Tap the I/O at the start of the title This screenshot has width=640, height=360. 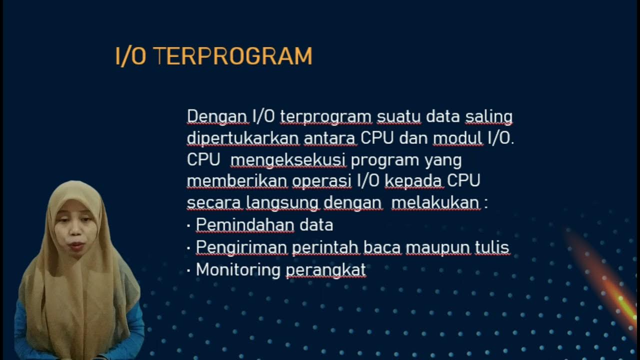pyautogui.click(x=130, y=56)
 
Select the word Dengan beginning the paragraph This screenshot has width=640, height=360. pyautogui.click(x=217, y=116)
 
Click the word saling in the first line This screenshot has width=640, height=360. pyautogui.click(x=488, y=116)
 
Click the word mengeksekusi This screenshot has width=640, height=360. pyautogui.click(x=288, y=160)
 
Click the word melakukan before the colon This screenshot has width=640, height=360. pyautogui.click(x=435, y=203)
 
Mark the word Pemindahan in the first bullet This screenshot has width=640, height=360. pyautogui.click(x=245, y=225)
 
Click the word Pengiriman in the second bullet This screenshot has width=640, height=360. pyautogui.click(x=241, y=247)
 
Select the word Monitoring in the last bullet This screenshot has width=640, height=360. pyautogui.click(x=238, y=270)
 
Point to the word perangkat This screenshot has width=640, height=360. pyautogui.click(x=325, y=270)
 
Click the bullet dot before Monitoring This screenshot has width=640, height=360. pyautogui.click(x=188, y=270)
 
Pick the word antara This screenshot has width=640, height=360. pyautogui.click(x=330, y=138)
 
